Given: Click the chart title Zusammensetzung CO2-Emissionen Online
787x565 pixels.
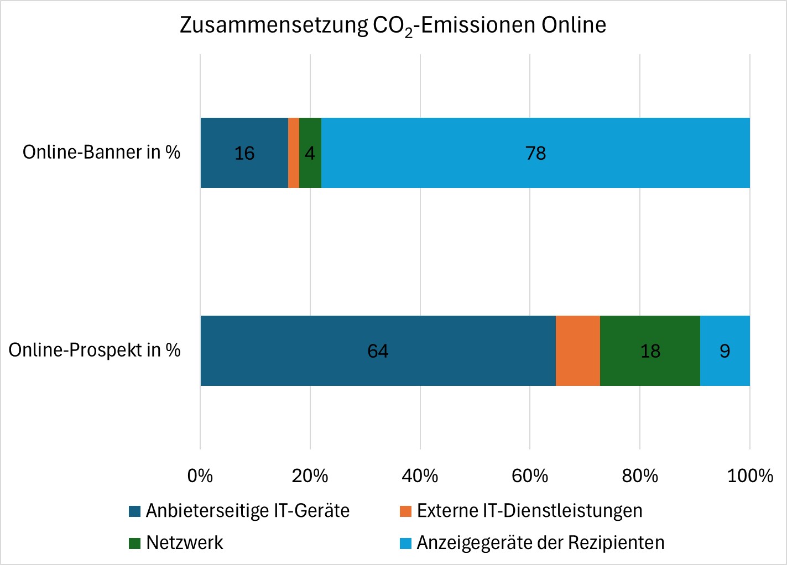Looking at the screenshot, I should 393,25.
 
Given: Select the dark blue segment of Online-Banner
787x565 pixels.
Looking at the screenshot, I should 244,153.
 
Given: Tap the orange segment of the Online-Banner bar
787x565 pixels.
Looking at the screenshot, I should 294,153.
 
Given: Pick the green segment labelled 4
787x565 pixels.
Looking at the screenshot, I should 310,153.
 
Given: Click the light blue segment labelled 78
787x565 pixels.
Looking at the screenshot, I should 535,153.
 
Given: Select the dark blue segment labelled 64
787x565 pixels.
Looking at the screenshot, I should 378,350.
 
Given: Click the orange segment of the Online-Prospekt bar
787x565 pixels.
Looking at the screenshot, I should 577,350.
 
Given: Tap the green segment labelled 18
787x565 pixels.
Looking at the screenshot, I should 650,350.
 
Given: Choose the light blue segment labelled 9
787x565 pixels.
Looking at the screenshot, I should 725,350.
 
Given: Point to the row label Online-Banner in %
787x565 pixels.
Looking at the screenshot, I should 101,152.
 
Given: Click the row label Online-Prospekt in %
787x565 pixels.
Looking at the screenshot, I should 95,350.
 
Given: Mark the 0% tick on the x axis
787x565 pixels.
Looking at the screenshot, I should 200,475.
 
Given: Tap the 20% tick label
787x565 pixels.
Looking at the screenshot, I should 310,475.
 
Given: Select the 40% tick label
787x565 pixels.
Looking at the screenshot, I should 420,475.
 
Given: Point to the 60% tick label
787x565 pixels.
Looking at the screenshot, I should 530,475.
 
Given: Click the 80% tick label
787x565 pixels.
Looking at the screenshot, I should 639,475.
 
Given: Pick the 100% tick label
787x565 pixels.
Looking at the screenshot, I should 749,475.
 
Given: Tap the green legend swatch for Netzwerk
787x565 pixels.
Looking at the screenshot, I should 135,543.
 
